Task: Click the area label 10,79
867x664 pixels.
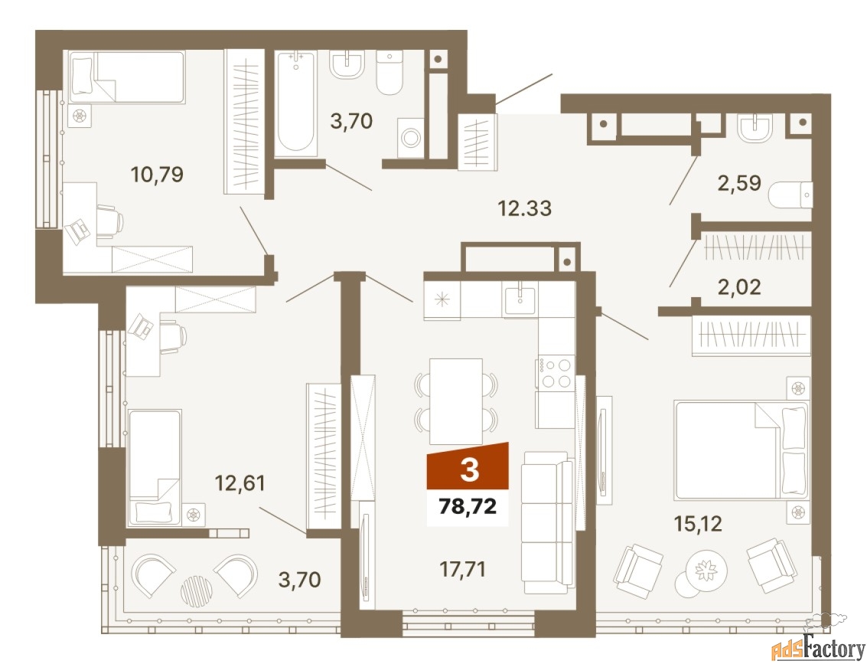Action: tap(157, 175)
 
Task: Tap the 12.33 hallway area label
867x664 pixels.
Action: tap(525, 208)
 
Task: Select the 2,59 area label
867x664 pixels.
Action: tap(739, 182)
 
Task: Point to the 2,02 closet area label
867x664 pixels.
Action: tap(739, 286)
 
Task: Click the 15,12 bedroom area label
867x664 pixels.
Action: tap(698, 523)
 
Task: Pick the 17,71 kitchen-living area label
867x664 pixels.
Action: tap(462, 568)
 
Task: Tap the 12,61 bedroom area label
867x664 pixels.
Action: tap(240, 483)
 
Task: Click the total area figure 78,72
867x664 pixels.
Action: tap(468, 505)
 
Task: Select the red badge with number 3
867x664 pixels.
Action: tap(468, 466)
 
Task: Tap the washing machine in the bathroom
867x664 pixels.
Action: tap(411, 137)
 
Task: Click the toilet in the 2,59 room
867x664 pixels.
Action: tap(790, 195)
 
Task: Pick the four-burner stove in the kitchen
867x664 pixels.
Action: tap(556, 373)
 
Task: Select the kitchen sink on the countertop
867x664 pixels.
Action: tap(520, 300)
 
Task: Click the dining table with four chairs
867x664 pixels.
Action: tap(456, 401)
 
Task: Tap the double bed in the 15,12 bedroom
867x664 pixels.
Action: tap(741, 451)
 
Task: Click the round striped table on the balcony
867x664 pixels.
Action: tap(197, 591)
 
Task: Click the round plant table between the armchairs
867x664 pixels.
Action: tap(706, 571)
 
